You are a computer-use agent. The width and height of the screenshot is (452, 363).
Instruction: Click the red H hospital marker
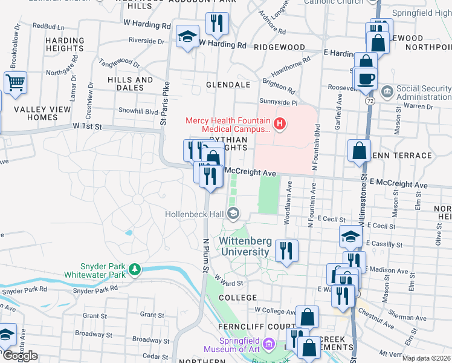(279, 125)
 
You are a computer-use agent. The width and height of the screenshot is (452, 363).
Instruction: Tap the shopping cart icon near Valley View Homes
(15, 82)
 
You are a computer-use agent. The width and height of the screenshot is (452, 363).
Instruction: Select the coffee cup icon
(366, 79)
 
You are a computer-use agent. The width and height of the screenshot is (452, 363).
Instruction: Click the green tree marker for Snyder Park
(137, 270)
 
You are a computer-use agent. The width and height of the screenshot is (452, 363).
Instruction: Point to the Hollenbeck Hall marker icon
(234, 214)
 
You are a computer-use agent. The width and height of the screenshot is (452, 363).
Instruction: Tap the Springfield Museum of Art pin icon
(269, 345)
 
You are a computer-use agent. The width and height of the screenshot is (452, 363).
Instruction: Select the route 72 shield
(368, 103)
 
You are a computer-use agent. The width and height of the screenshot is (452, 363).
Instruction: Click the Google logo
(20, 356)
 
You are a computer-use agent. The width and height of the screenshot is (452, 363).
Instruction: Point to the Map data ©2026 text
(427, 358)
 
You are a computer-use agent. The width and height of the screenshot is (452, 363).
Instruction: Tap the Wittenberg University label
(244, 246)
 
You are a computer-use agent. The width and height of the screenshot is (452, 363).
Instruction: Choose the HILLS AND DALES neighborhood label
(130, 83)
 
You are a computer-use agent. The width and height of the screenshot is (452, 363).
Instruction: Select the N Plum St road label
(205, 255)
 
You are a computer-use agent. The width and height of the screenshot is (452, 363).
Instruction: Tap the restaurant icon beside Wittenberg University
(286, 250)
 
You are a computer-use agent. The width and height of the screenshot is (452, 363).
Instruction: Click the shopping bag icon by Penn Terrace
(360, 151)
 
